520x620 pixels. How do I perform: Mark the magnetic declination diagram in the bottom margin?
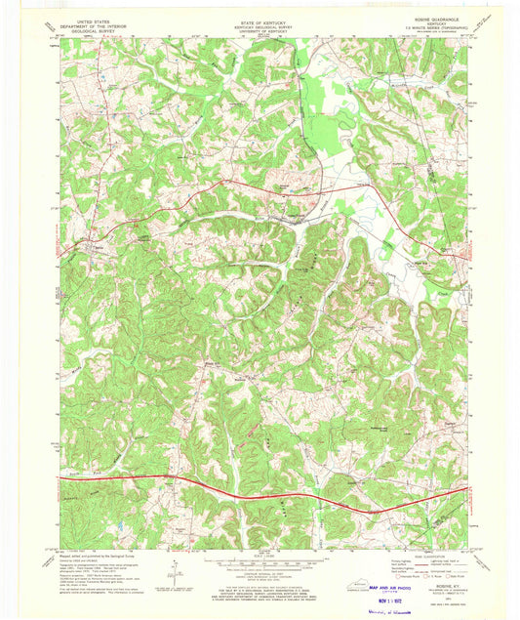tap(173, 569)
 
